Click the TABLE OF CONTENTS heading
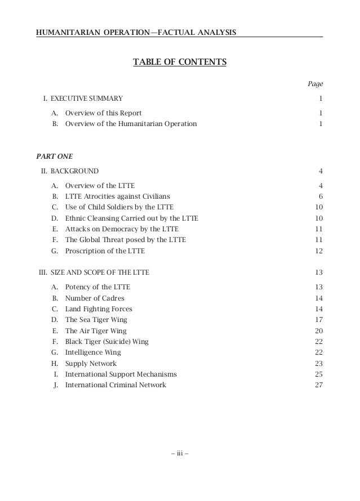(179, 61)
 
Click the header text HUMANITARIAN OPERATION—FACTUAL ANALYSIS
(136, 32)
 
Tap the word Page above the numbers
(315, 84)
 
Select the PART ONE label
(50, 155)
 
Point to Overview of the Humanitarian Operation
(131, 124)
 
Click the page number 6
(320, 196)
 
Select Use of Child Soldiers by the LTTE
(119, 207)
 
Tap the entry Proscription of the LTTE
(105, 250)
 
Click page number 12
(318, 250)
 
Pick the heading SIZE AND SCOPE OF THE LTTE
(100, 272)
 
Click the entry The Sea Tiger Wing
(96, 320)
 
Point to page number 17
(318, 320)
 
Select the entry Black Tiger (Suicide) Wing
(107, 342)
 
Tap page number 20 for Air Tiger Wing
(318, 331)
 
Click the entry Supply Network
(91, 364)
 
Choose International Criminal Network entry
(115, 386)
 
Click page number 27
(318, 386)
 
